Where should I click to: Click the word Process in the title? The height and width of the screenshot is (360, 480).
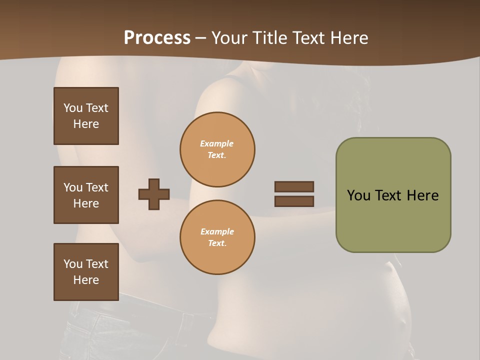[157, 38]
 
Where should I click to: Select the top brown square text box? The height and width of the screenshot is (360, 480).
[86, 116]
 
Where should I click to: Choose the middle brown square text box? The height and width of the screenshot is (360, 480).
[86, 195]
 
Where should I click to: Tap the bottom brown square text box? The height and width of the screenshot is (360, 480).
[86, 271]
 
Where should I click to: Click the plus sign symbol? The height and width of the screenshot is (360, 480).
[154, 194]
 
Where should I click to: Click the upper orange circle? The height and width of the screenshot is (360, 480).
[217, 149]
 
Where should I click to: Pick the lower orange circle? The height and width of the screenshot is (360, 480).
[217, 237]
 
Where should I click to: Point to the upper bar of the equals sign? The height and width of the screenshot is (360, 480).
[294, 186]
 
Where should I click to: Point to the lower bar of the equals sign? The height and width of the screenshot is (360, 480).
[294, 201]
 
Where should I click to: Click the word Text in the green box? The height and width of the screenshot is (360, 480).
[389, 195]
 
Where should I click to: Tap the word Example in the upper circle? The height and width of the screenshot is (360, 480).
[217, 143]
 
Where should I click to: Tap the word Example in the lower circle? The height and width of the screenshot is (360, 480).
[217, 231]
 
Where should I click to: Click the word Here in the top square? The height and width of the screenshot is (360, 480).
[86, 124]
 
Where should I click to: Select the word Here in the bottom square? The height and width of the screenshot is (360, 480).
[86, 280]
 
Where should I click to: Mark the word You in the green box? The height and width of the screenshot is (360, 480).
[358, 195]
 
